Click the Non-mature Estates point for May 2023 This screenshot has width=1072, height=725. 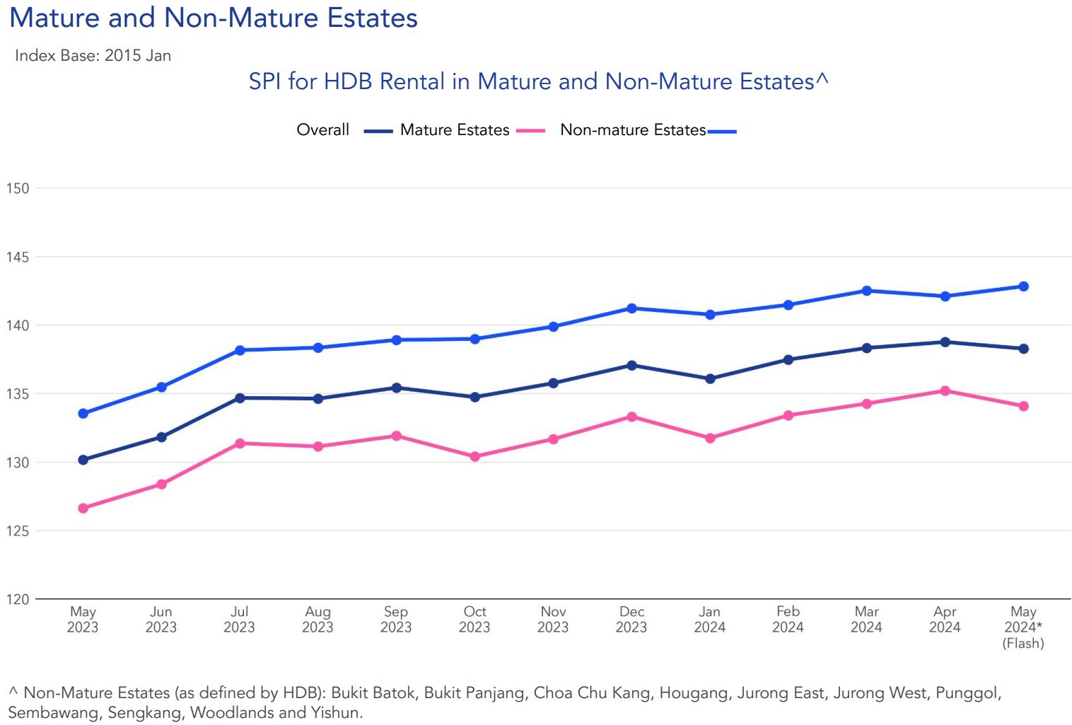click(x=83, y=413)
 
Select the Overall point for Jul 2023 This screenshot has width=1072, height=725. click(x=240, y=398)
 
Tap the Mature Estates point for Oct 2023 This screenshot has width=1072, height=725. click(x=474, y=457)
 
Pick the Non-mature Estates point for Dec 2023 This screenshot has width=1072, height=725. click(x=631, y=308)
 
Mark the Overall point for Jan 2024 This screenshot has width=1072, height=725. click(x=710, y=379)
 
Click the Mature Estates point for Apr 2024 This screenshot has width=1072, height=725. click(x=945, y=390)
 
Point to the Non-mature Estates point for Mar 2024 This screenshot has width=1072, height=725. click(x=867, y=291)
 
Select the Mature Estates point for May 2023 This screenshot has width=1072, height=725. click(x=83, y=508)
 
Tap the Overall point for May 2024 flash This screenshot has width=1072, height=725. click(x=1023, y=349)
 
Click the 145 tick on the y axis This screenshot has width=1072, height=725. click(x=18, y=257)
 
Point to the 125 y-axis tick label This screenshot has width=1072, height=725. click(x=18, y=530)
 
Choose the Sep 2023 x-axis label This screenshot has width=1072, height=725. click(x=396, y=619)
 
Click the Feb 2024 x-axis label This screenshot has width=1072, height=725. click(x=788, y=619)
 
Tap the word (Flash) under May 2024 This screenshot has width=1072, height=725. click(x=1023, y=643)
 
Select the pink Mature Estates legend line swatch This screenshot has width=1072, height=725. click(x=530, y=131)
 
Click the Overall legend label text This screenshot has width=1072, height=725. click(x=322, y=130)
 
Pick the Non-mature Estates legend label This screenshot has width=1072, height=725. click(x=633, y=130)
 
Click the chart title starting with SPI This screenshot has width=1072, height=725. click(x=538, y=81)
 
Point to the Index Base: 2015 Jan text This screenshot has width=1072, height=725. click(x=93, y=56)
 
